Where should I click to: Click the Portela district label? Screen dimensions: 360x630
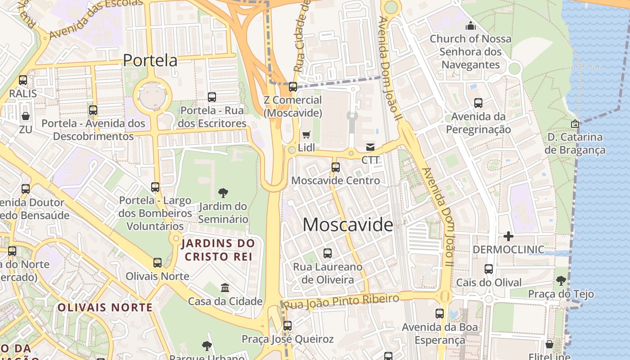pos(150,60)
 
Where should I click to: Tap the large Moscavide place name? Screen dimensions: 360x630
pos(348,225)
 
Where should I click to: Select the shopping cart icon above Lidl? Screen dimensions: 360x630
pos(306,135)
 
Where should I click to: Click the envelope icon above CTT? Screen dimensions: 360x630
pos(370,147)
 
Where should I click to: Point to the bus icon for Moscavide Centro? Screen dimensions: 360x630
pos(336,167)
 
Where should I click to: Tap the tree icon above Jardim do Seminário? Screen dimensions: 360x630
pos(223,193)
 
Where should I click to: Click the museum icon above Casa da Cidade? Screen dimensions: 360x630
pos(225,288)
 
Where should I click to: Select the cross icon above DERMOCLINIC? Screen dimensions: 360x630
pos(508,236)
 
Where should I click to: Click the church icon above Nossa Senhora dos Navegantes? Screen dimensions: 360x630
pos(471,26)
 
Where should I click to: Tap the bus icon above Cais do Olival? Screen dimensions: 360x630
pos(489,269)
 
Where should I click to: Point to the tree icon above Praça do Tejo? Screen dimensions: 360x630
pos(561,281)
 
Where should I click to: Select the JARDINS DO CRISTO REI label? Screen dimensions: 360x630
pos(218,250)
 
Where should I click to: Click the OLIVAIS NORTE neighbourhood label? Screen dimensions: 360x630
pos(105,308)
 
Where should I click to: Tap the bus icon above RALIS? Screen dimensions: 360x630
pos(23,80)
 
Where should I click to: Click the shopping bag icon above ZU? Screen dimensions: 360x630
pos(26,116)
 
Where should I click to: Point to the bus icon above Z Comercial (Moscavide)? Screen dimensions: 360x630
pos(293,87)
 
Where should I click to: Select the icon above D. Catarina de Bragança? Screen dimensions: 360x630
pos(575,123)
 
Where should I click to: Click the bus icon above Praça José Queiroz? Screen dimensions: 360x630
pos(288,325)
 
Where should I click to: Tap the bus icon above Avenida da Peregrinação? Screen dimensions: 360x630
pos(478,103)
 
